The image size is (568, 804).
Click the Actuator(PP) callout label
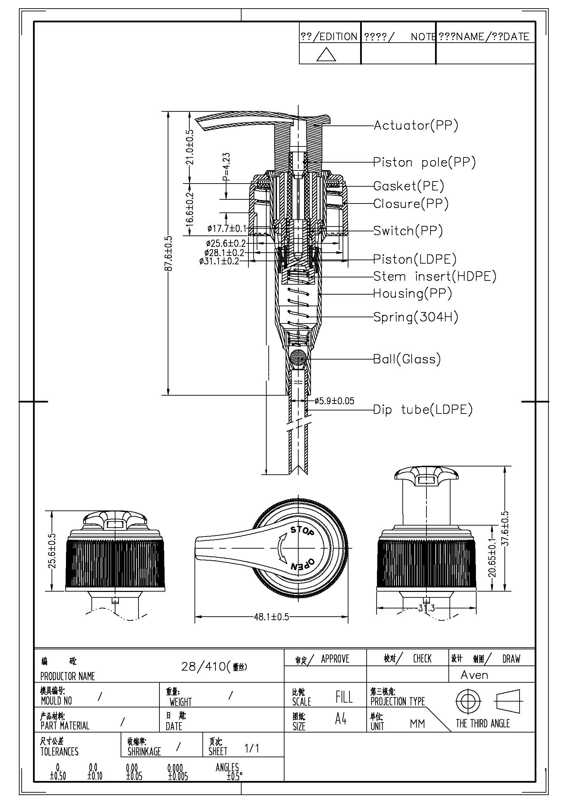pos(415,125)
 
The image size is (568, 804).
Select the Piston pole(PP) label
pos(424,162)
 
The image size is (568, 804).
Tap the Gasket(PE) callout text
pos(409,186)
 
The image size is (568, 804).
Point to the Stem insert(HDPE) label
pos(434,276)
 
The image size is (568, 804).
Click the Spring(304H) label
pos(415,317)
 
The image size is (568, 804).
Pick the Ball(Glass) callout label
pos(406,359)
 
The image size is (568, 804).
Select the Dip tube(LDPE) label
pos(423,409)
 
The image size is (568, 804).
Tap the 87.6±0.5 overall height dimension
pos(169,253)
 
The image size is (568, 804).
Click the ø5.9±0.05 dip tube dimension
pos(334,400)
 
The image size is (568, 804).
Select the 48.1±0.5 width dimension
pos(271,617)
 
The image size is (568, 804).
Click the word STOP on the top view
pos(302,530)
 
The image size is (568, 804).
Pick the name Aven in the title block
pos(474,675)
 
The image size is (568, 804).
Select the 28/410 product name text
pos(213,667)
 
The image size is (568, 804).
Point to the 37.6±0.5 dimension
pos(505,528)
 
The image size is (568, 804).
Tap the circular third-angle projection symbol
pos(466,701)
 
